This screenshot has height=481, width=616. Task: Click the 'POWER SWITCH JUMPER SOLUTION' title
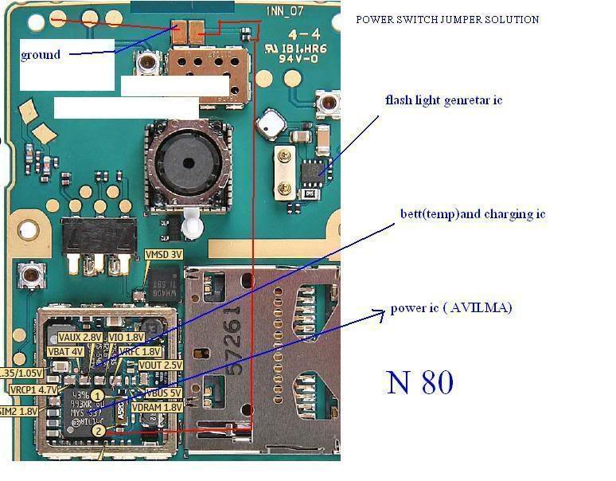(x=448, y=20)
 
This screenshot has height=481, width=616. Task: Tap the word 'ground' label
(x=41, y=55)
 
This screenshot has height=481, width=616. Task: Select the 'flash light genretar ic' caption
(x=443, y=100)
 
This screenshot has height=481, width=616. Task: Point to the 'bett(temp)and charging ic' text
(x=473, y=214)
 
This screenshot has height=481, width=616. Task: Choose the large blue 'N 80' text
(x=420, y=382)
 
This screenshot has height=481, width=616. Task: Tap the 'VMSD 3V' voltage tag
(x=164, y=255)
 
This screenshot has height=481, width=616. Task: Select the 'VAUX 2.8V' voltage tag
(x=80, y=338)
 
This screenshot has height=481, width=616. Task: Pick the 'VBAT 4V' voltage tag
(x=64, y=351)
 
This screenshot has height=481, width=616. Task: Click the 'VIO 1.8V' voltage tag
(x=127, y=338)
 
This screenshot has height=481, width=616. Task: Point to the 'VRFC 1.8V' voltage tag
(x=140, y=351)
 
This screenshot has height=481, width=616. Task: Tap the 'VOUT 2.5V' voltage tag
(x=161, y=365)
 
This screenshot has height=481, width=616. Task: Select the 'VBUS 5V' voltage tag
(x=162, y=393)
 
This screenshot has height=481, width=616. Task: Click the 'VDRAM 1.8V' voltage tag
(x=158, y=407)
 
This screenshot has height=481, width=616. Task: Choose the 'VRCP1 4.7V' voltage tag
(x=33, y=390)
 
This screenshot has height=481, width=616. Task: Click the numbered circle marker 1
(x=97, y=395)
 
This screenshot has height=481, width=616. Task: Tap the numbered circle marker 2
(x=97, y=431)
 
